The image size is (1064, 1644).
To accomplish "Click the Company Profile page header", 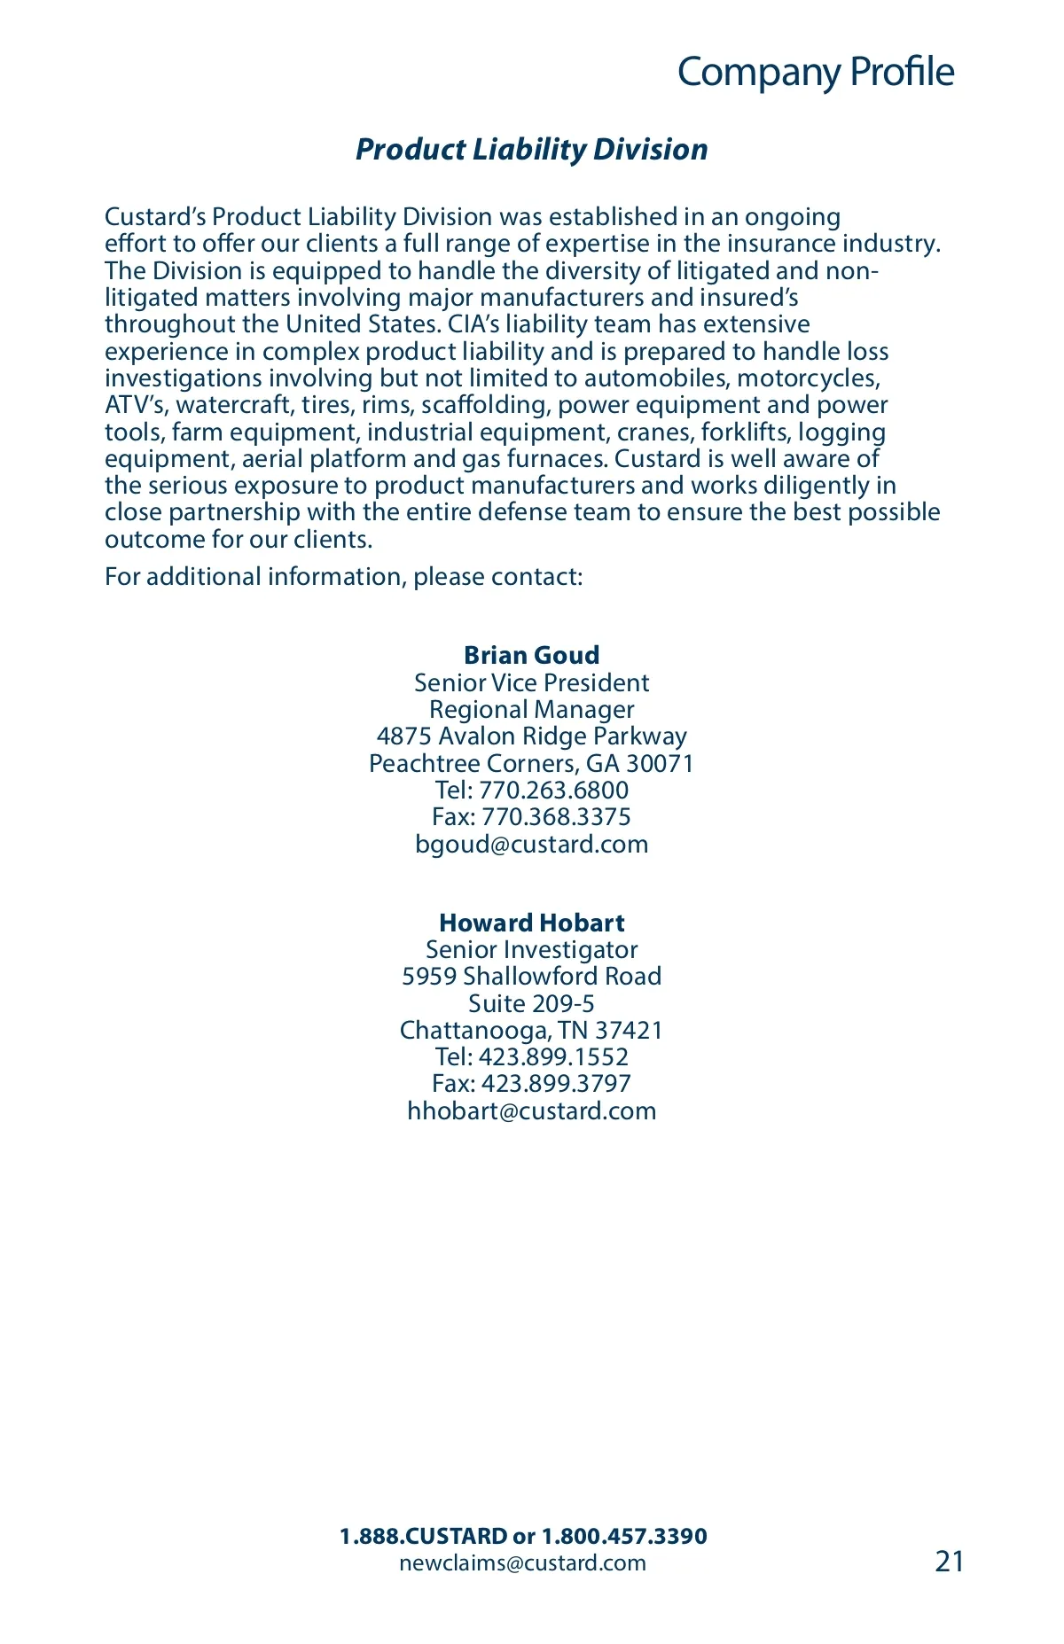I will (815, 73).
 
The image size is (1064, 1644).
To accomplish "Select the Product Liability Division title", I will (531, 149).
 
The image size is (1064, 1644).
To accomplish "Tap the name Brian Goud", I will (531, 655).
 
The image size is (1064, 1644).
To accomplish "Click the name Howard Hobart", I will (531, 923).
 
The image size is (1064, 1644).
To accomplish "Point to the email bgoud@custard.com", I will (531, 844).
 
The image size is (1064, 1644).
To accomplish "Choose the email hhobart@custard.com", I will (531, 1110).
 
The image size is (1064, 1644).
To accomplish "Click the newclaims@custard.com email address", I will (522, 1562).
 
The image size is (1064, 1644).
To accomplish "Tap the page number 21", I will (949, 1561).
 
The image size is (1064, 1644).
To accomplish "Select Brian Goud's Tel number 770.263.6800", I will (553, 790).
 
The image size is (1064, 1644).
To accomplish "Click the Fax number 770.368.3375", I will (556, 816).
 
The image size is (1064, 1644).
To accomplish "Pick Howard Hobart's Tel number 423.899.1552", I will (553, 1056).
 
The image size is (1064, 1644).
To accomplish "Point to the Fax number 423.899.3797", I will (556, 1083).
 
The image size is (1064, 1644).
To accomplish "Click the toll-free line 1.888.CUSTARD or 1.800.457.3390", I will (523, 1536).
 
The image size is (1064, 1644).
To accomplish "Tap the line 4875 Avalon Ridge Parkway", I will (531, 736).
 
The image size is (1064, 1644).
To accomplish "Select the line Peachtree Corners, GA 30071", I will (531, 763).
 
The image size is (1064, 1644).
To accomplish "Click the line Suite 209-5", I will (531, 1003).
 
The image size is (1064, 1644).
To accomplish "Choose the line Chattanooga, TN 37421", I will (531, 1030).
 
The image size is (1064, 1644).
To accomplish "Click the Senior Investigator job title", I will (531, 949).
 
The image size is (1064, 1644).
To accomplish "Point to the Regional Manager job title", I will (531, 709).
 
